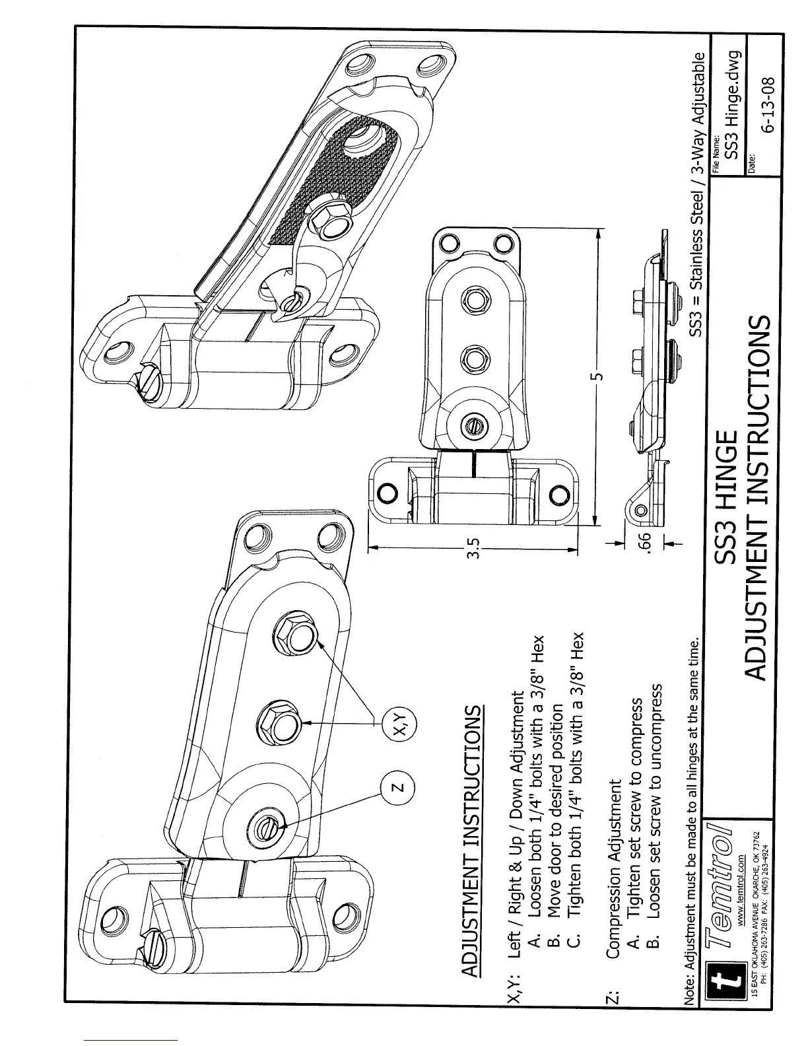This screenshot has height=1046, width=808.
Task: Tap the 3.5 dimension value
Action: [x=473, y=547]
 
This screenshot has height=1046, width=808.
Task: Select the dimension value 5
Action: [x=597, y=374]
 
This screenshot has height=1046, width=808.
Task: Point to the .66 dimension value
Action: [x=648, y=540]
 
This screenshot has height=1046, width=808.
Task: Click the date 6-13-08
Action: [x=768, y=106]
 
